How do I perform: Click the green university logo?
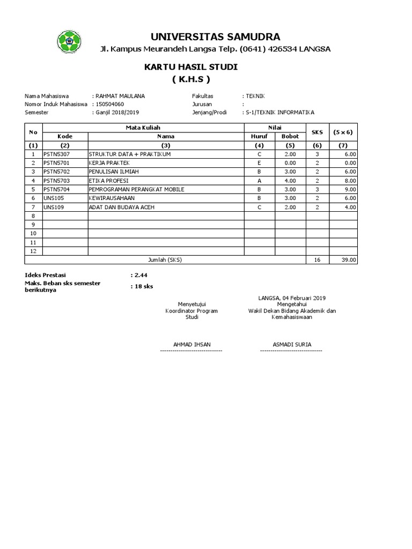(69, 41)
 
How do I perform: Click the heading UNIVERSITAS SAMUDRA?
(215, 36)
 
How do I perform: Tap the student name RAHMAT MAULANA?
(120, 96)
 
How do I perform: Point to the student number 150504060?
(111, 104)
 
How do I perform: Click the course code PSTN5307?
(56, 154)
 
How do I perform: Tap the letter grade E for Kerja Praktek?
(260, 162)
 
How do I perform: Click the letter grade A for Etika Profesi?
(260, 180)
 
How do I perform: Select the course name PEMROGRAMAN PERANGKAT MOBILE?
(136, 189)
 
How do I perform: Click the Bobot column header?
(290, 136)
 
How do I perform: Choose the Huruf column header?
(260, 136)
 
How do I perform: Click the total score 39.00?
(349, 259)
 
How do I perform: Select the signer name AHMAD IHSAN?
(191, 344)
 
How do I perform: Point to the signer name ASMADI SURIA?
(292, 344)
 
